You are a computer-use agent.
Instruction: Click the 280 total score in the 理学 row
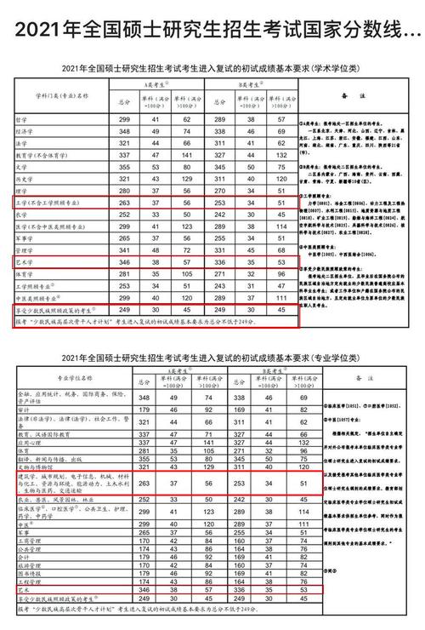(124, 192)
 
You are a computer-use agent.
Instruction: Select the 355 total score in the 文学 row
(124, 168)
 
